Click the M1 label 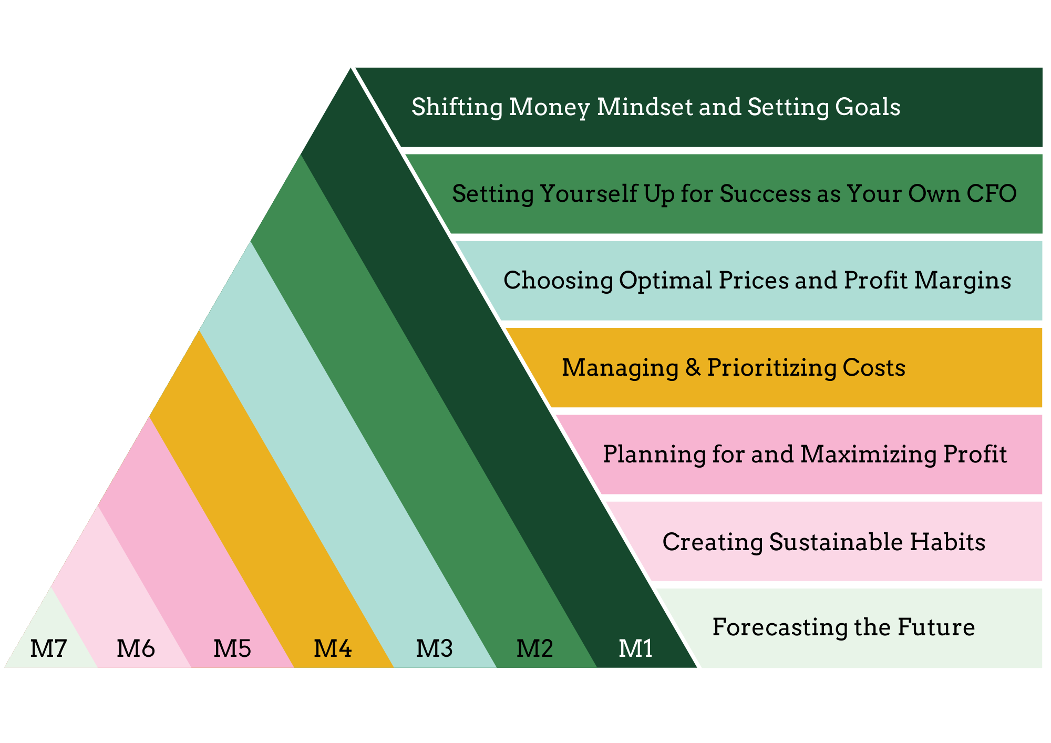click(x=636, y=648)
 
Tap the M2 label click(x=534, y=648)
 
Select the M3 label click(x=434, y=648)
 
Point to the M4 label click(x=333, y=648)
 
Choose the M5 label click(x=232, y=648)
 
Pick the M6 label click(x=136, y=648)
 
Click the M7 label click(x=49, y=648)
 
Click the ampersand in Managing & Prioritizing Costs click(x=693, y=367)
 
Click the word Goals click(x=868, y=107)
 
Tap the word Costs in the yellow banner click(x=874, y=367)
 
